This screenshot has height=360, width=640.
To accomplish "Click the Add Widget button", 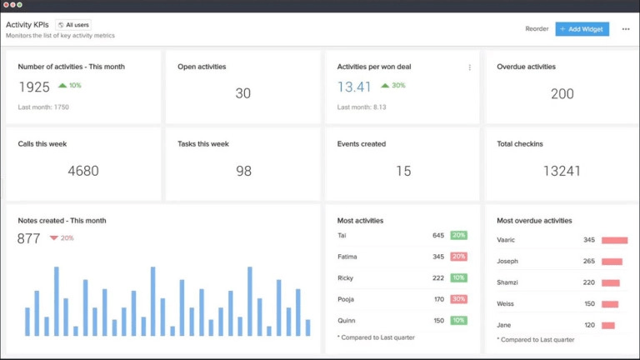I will tap(582, 28).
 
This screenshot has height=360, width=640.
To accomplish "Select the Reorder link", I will tap(537, 28).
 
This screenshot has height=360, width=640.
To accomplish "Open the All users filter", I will tap(73, 25).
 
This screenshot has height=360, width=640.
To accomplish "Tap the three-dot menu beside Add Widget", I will tap(626, 28).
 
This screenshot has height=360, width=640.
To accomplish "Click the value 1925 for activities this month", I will tap(34, 87).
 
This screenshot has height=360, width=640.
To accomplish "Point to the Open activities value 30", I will tap(242, 93).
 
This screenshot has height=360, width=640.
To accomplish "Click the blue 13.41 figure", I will tap(354, 87).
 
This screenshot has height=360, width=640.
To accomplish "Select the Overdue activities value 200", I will tap(562, 93).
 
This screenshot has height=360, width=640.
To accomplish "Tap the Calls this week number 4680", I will tap(83, 171).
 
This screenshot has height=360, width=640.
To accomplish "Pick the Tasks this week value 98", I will tap(243, 171).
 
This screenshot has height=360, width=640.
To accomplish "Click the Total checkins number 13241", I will tap(562, 171).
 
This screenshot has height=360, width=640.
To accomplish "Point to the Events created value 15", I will tap(403, 171).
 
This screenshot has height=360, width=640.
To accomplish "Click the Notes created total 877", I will tap(29, 238).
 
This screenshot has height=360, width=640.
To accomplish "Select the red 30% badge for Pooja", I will tap(458, 299).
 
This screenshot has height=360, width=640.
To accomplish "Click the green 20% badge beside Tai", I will tap(458, 235).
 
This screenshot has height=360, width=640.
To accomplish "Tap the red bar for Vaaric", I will tap(614, 240).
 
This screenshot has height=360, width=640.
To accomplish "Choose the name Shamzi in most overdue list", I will tap(509, 282).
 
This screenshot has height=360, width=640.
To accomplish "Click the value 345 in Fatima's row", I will tap(438, 257).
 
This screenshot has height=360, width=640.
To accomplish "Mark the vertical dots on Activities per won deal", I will tap(469, 67).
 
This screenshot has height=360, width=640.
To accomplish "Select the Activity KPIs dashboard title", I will tap(27, 25).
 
